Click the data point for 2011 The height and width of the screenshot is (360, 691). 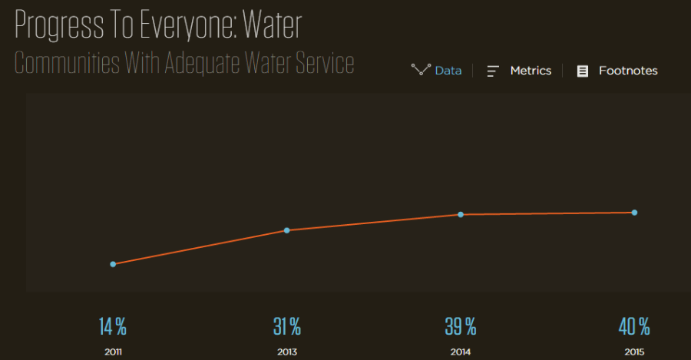113,264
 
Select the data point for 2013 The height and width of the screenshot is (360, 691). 287,230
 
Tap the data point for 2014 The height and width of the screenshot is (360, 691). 461,214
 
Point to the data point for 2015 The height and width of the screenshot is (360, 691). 634,213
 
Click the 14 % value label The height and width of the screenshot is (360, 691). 113,326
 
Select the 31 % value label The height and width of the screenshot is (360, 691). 287,326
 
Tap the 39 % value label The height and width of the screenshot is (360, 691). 461,326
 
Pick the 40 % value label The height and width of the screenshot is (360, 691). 634,326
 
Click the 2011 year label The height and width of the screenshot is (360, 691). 113,352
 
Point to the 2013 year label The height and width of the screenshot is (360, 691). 287,352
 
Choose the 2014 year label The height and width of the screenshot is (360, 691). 461,352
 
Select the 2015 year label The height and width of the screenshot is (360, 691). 634,352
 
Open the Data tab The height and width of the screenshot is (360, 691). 448,71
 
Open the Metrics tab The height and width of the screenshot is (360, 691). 531,71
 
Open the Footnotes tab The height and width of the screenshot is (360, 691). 628,71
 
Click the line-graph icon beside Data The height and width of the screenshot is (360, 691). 421,71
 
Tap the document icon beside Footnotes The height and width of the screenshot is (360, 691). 583,71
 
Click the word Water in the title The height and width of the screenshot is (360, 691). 272,26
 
